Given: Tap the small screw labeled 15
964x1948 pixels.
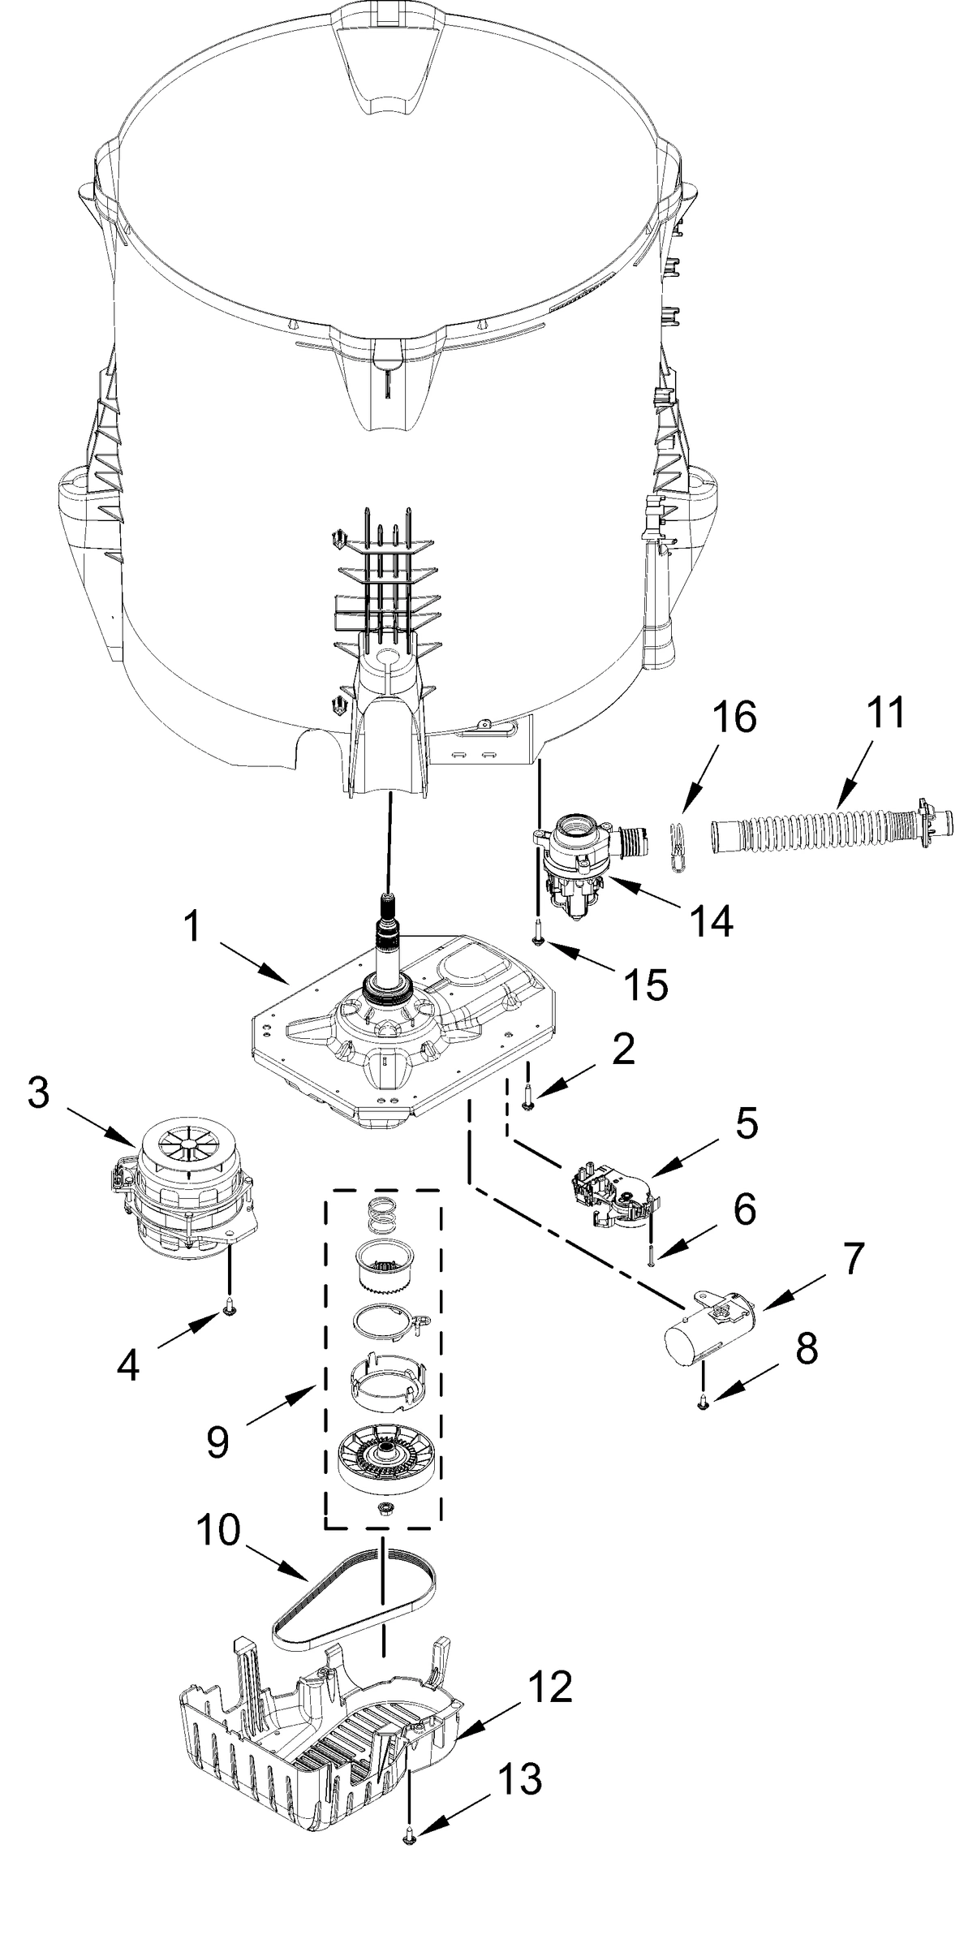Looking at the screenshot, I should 536,940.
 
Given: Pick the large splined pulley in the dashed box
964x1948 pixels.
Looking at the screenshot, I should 383,1452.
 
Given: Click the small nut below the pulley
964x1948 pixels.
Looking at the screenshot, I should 382,1506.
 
